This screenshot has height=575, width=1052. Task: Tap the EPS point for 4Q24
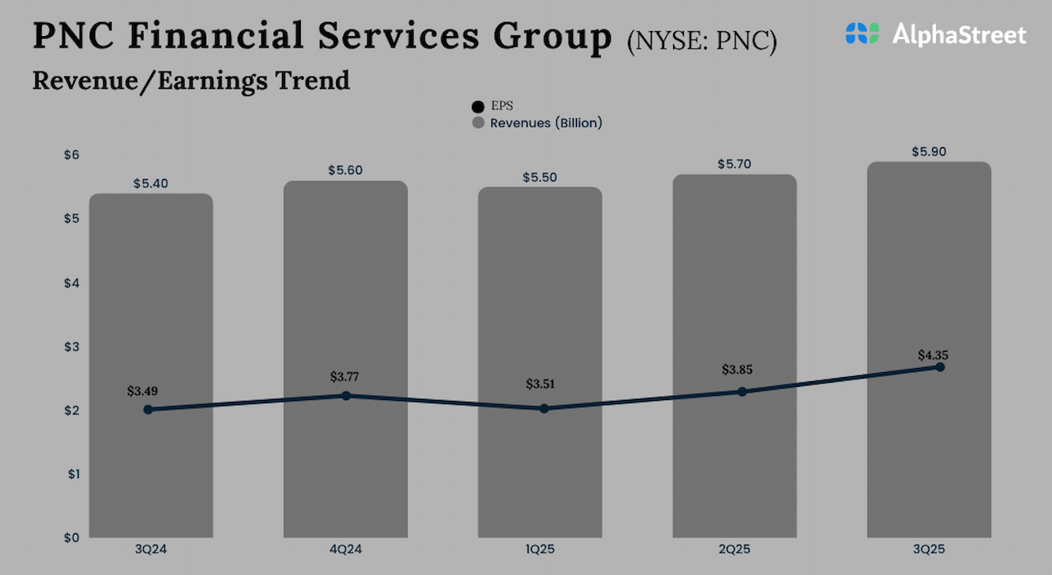(346, 396)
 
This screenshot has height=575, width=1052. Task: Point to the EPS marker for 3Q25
(940, 367)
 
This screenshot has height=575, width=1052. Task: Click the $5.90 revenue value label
(929, 152)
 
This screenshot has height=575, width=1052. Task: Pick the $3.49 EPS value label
(144, 391)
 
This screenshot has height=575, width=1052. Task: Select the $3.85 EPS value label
(736, 370)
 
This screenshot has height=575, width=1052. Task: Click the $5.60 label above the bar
(345, 171)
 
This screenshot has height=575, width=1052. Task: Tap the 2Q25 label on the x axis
(735, 548)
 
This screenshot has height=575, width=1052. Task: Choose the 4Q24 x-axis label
(345, 548)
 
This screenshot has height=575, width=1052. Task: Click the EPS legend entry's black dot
(478, 107)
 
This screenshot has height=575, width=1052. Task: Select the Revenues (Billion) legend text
(546, 123)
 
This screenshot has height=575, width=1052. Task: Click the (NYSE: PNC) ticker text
(701, 41)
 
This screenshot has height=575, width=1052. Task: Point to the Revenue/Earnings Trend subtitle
(191, 80)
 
